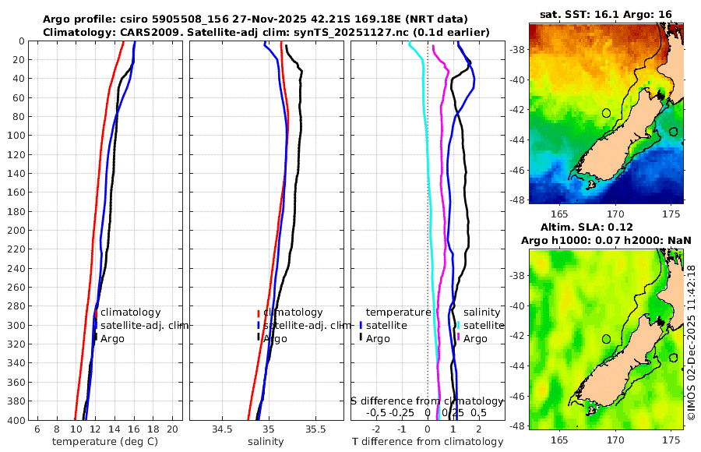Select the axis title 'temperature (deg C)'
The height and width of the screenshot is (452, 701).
(x=105, y=442)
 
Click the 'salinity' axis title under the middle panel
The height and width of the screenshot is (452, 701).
(x=265, y=442)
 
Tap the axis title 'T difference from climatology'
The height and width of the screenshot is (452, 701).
(x=428, y=442)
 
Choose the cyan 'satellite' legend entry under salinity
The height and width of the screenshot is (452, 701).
(x=483, y=325)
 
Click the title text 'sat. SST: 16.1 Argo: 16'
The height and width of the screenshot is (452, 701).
(x=606, y=14)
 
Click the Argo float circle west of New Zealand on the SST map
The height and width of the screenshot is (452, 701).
(x=607, y=113)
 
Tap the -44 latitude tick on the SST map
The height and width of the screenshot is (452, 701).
(x=517, y=139)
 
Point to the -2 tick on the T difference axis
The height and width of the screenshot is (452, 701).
(x=376, y=429)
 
